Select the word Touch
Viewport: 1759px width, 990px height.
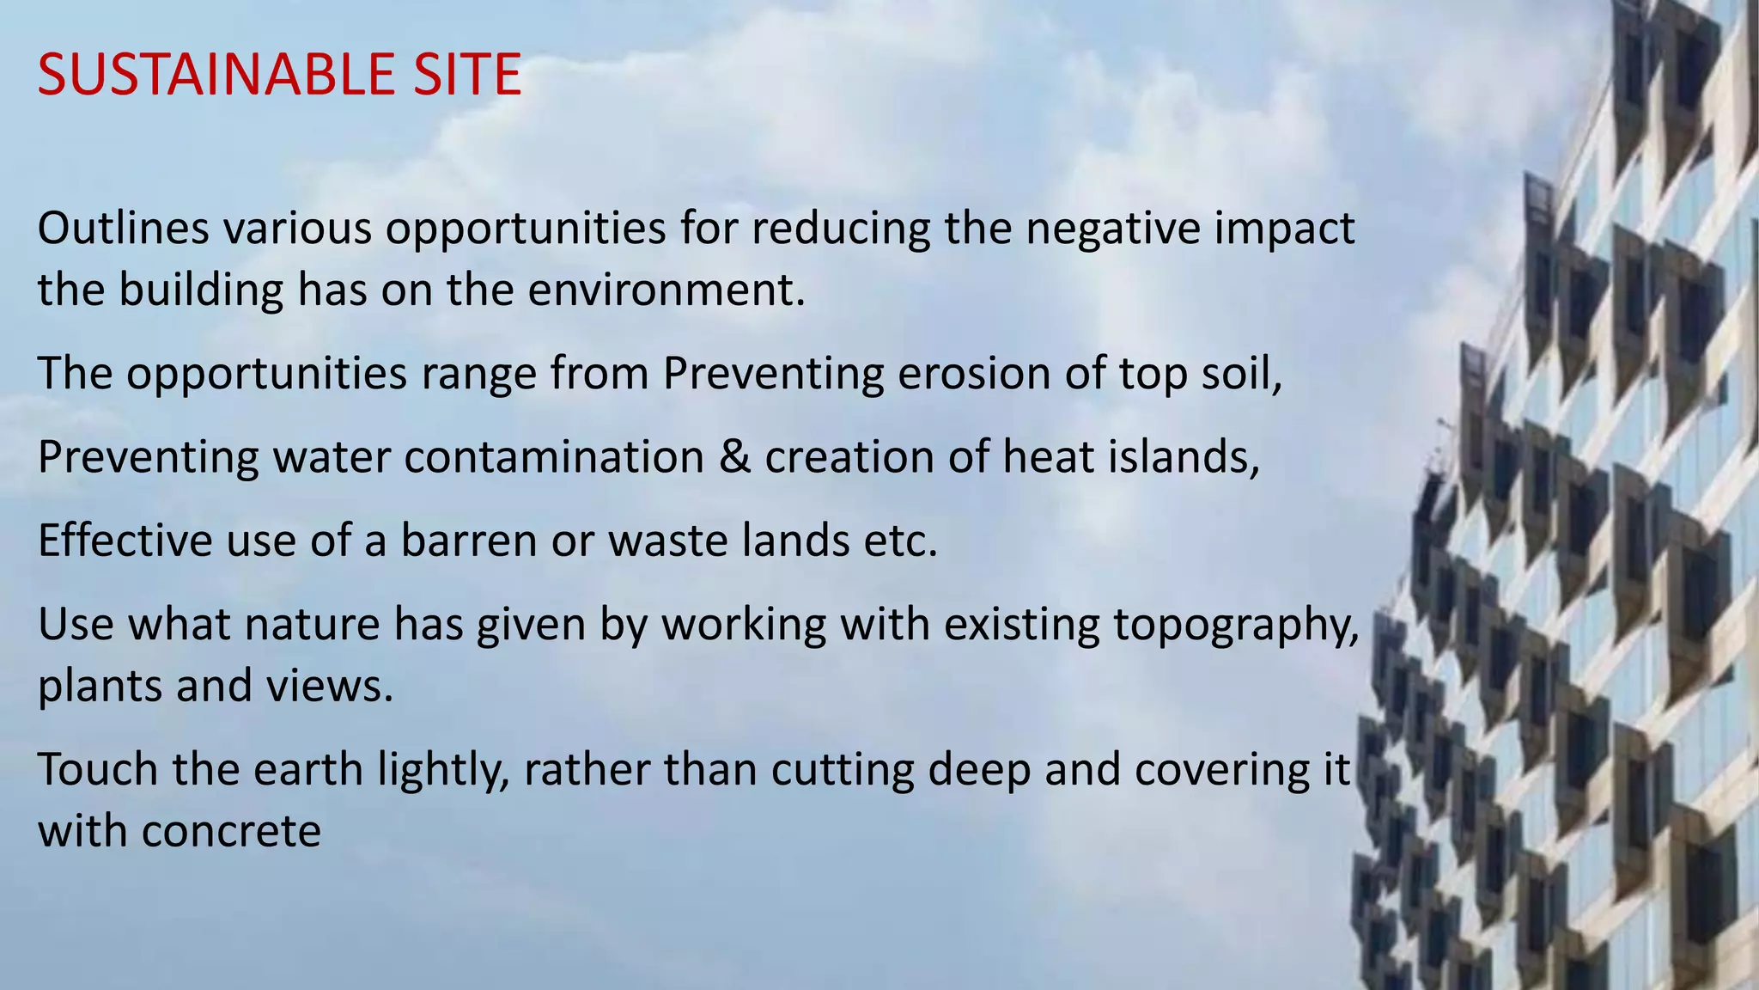click(x=98, y=769)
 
